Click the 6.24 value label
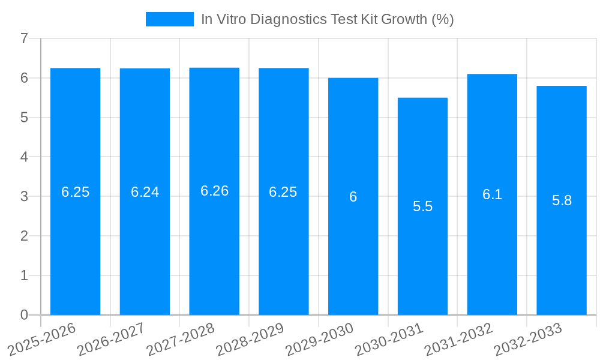coord(145,192)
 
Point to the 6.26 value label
coord(214,191)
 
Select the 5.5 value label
coord(422,206)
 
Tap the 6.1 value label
coord(492,194)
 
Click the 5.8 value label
coord(562,200)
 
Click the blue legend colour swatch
coord(169,19)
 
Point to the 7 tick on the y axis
coord(24,38)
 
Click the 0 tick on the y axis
coord(24,315)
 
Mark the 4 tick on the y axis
coord(24,157)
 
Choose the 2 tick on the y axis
coord(24,236)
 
